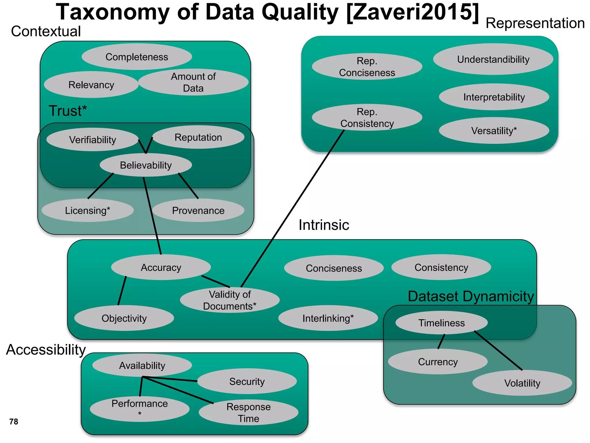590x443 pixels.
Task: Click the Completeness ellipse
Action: pyautogui.click(x=137, y=57)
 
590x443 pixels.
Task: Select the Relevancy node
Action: pyautogui.click(x=91, y=85)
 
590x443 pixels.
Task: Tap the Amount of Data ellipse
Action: pyautogui.click(x=193, y=82)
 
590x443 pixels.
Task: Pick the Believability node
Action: pyautogui.click(x=146, y=165)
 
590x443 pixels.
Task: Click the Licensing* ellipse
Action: pyautogui.click(x=88, y=211)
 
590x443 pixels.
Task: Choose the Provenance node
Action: pyautogui.click(x=198, y=211)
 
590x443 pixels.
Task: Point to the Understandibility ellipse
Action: pyautogui.click(x=493, y=59)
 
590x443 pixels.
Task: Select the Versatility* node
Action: pyautogui.click(x=494, y=131)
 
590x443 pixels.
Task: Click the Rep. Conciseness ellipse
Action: pyautogui.click(x=367, y=67)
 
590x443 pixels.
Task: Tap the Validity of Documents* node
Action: pyautogui.click(x=230, y=300)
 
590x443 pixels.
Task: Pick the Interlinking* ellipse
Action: pyautogui.click(x=328, y=318)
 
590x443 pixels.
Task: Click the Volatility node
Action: pyautogui.click(x=522, y=383)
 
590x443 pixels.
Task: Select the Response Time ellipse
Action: pyautogui.click(x=248, y=412)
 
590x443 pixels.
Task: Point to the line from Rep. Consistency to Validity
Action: pyautogui.click(x=292, y=208)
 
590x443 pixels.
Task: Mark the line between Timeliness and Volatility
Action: pyautogui.click(x=498, y=351)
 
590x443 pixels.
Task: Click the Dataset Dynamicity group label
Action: pyautogui.click(x=471, y=296)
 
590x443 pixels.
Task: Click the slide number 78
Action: pyautogui.click(x=14, y=422)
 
